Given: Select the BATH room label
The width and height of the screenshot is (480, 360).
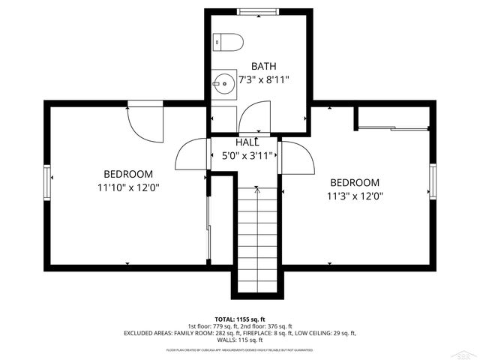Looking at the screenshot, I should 263,66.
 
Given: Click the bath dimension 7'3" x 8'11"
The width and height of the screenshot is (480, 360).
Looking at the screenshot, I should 263,79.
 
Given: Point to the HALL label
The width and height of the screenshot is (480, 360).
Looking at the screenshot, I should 247,142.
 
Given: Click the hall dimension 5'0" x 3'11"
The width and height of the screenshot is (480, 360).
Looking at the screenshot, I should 247,156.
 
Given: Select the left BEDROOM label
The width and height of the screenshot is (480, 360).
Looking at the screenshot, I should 128,173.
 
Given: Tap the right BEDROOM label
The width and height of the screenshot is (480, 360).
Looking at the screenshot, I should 355,182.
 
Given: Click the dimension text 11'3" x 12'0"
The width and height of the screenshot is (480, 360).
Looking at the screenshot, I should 355,196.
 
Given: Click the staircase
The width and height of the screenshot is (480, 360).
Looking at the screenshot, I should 258,240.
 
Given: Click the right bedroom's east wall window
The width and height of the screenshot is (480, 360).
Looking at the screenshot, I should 433,183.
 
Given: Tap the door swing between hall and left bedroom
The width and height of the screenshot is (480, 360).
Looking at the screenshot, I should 190,156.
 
